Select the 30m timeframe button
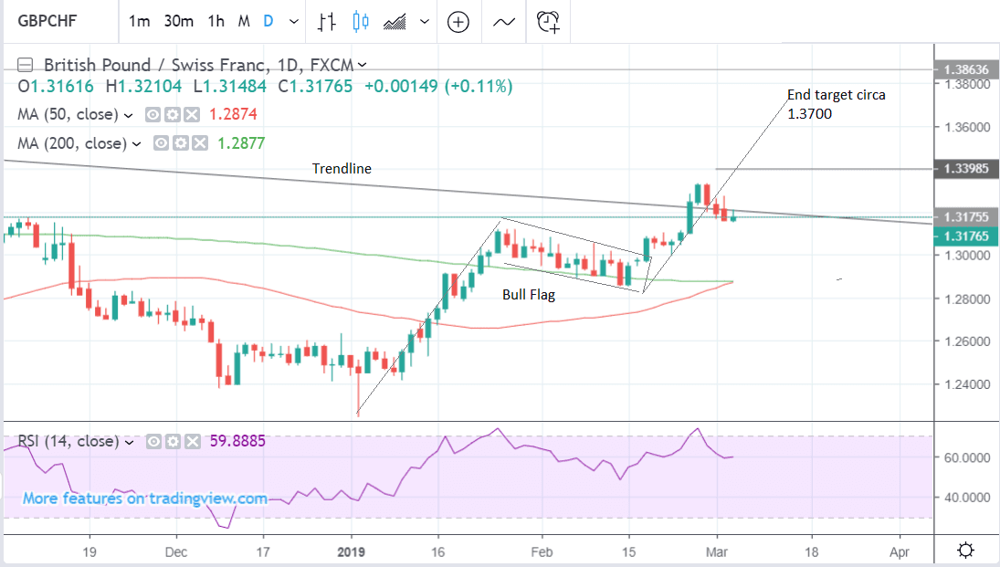coord(178,21)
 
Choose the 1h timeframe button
coord(216,21)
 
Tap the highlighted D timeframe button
coord(268,21)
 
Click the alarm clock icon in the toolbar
coord(548,21)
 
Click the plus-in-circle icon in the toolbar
coord(458,21)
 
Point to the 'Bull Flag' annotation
coord(529,295)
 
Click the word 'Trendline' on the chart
coord(342,169)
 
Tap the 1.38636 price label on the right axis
coord(966,69)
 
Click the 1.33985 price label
coord(966,169)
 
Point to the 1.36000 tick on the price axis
coord(966,127)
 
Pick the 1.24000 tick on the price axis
coord(966,384)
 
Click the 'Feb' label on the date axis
coord(542,552)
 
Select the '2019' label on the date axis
coord(352,552)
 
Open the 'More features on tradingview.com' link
coord(145,499)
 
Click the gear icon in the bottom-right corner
coord(965,551)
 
